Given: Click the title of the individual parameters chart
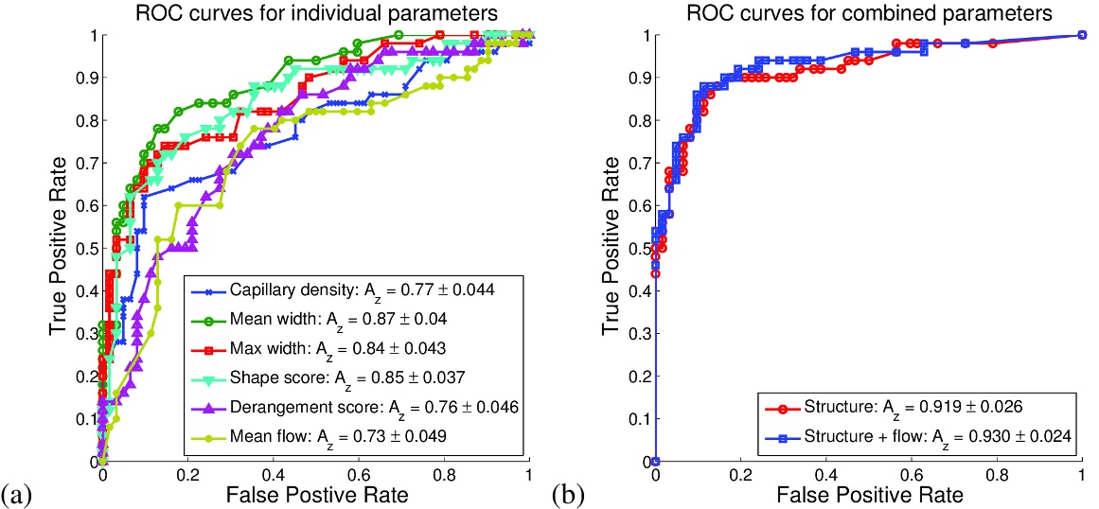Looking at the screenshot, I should click(315, 12).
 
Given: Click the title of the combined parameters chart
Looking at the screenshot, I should click(868, 12).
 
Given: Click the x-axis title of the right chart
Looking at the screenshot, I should click(868, 494).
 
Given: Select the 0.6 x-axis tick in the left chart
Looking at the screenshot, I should click(358, 476).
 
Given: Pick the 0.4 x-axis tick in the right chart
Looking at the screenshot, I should click(825, 476).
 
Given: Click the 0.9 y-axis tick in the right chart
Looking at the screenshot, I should click(636, 78).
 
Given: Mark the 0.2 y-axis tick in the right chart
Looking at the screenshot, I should click(636, 376).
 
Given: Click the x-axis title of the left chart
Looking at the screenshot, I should click(315, 494).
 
